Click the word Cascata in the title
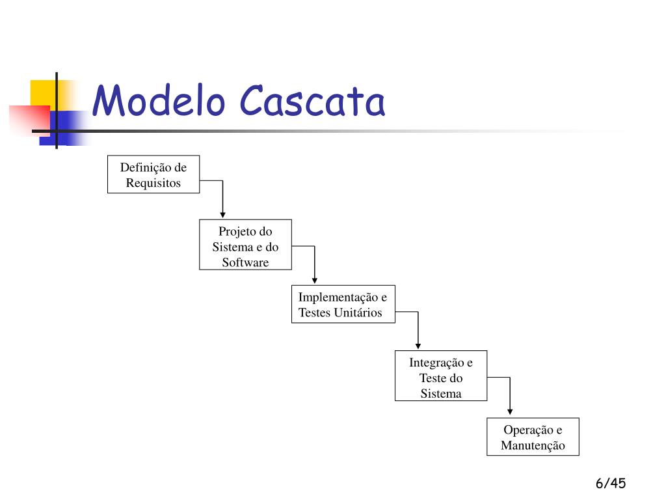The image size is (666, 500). (x=312, y=102)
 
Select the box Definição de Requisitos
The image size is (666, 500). (x=153, y=174)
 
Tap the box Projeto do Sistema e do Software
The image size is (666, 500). (x=245, y=245)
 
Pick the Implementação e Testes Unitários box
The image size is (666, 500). (x=343, y=305)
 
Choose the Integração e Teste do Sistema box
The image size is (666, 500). (x=440, y=376)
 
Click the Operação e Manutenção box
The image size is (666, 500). (x=533, y=436)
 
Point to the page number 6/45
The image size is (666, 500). (x=609, y=483)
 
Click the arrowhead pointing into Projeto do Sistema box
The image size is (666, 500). (x=222, y=214)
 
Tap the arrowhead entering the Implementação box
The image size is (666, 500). (x=315, y=280)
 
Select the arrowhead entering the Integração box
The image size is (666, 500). (x=418, y=346)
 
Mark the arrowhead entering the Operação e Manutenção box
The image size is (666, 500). (x=510, y=411)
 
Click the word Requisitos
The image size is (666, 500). (x=153, y=183)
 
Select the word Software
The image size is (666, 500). (x=245, y=263)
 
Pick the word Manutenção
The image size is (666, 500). (x=533, y=446)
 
